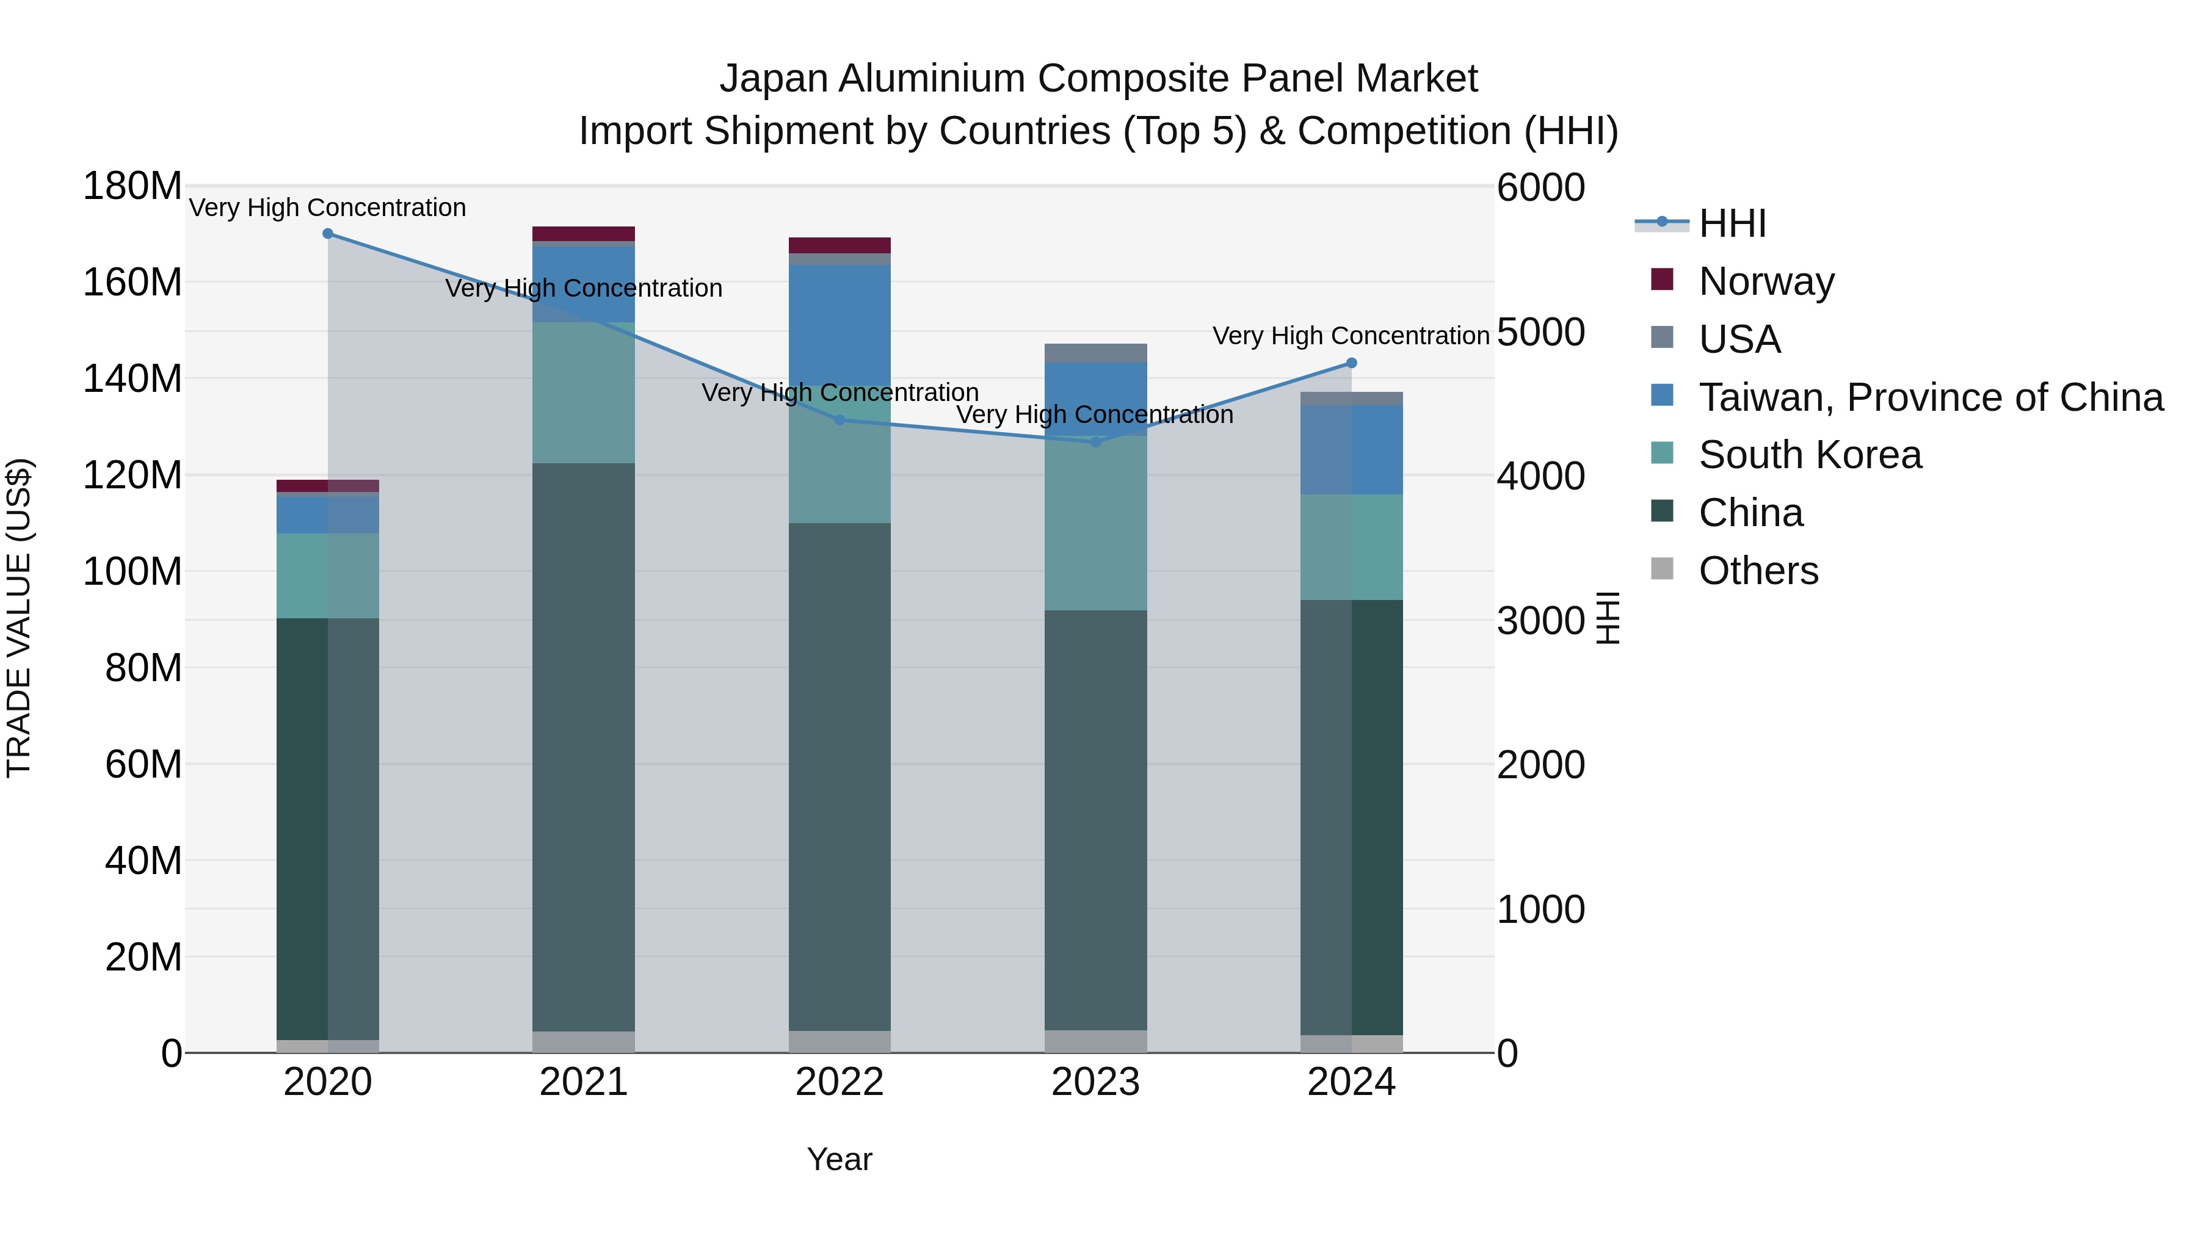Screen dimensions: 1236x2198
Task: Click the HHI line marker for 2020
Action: click(x=328, y=234)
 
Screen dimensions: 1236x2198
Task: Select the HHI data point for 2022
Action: click(x=840, y=420)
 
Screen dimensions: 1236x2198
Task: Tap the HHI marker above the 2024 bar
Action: click(x=1352, y=363)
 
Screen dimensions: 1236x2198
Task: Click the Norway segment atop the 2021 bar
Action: click(x=584, y=234)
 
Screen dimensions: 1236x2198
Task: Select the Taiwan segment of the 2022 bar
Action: click(x=840, y=324)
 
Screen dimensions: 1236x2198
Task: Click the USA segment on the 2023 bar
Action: click(x=1095, y=353)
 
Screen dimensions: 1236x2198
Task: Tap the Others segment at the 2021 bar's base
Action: click(x=584, y=1041)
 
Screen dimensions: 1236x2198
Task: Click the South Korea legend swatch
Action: click(x=1662, y=453)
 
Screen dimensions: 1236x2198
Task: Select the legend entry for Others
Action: click(x=1758, y=571)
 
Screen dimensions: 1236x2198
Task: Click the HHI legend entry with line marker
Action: click(x=1732, y=223)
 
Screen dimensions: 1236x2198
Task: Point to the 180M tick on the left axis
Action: click(x=132, y=186)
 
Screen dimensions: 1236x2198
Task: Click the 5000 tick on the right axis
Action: click(x=1541, y=333)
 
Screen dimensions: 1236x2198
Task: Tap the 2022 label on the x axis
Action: click(x=840, y=1082)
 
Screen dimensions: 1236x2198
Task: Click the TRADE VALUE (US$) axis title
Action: click(x=20, y=618)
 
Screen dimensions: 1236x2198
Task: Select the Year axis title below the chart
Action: click(x=840, y=1159)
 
